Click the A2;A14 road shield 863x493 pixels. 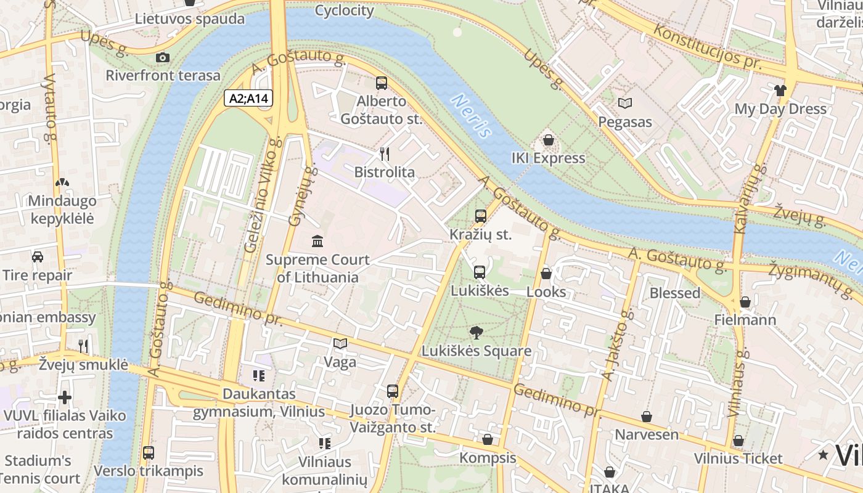pyautogui.click(x=248, y=98)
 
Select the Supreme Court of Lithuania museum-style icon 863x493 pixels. pyautogui.click(x=317, y=241)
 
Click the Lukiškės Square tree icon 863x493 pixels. pyautogui.click(x=476, y=333)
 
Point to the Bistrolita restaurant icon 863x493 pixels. pyautogui.click(x=385, y=153)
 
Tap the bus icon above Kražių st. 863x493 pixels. pyautogui.click(x=480, y=216)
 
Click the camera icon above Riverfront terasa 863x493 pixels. pyautogui.click(x=163, y=57)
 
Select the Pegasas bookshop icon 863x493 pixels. pyautogui.click(x=625, y=104)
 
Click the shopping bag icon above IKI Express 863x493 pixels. pyautogui.click(x=548, y=140)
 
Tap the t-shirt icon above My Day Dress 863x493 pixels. pyautogui.click(x=780, y=91)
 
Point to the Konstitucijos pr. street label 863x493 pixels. pyautogui.click(x=707, y=47)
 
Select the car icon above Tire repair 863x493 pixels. pyautogui.click(x=37, y=257)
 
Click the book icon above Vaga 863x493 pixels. pyautogui.click(x=340, y=344)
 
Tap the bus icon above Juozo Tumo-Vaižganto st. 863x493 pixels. pyautogui.click(x=393, y=391)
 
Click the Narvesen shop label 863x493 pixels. pyautogui.click(x=647, y=434)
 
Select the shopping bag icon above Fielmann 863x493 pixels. pyautogui.click(x=745, y=302)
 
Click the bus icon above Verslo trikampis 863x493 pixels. pyautogui.click(x=148, y=453)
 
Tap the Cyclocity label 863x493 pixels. pyautogui.click(x=344, y=10)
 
